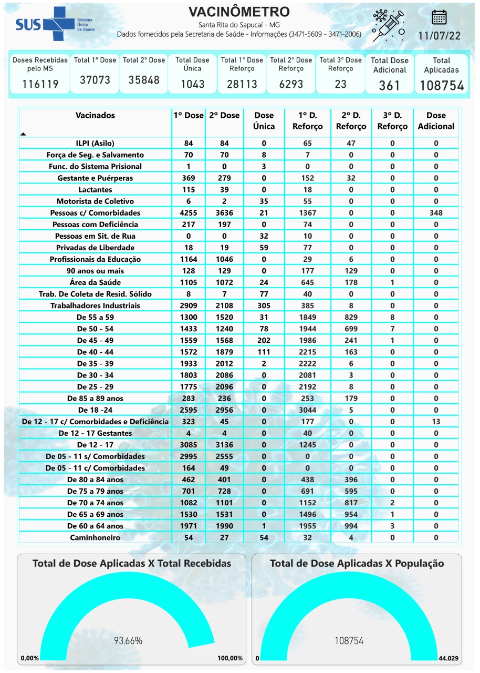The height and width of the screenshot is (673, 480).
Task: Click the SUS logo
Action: click(53, 24)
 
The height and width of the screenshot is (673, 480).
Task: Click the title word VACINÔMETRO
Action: click(239, 12)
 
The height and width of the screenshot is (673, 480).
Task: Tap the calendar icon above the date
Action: click(439, 17)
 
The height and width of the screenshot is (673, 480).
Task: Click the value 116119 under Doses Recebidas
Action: click(40, 84)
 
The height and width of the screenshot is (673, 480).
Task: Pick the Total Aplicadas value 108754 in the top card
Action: click(442, 86)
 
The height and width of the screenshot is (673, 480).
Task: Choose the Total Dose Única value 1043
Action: click(192, 84)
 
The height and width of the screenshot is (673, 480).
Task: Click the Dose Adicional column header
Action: click(436, 121)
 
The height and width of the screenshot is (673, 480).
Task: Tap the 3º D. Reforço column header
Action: click(392, 121)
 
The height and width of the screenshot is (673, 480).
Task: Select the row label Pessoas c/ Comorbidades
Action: click(95, 213)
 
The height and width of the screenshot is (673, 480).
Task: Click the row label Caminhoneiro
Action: click(95, 537)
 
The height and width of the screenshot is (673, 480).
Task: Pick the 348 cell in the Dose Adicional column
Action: click(436, 213)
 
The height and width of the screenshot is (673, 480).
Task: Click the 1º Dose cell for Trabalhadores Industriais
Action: click(189, 305)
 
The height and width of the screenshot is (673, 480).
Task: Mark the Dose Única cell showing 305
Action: click(264, 305)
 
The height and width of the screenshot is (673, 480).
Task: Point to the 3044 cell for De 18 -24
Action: click(308, 410)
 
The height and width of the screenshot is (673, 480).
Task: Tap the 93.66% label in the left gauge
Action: click(128, 640)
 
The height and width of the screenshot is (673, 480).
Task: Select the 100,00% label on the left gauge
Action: click(230, 658)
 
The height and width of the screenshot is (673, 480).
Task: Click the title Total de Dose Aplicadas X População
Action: click(357, 563)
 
